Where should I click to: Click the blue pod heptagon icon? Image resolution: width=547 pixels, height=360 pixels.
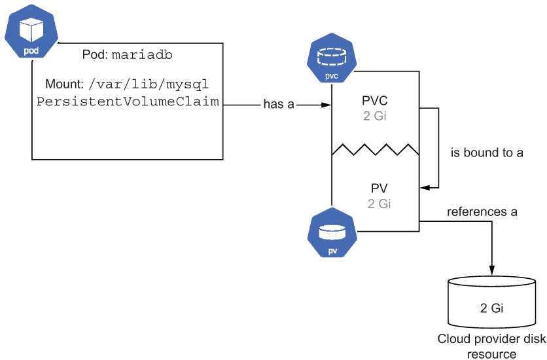pyautogui.click(x=31, y=31)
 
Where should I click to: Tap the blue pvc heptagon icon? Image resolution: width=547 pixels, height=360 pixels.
pyautogui.click(x=332, y=58)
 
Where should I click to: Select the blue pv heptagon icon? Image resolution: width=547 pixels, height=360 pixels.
pyautogui.click(x=332, y=232)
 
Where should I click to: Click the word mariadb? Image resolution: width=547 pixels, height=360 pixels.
pyautogui.click(x=142, y=55)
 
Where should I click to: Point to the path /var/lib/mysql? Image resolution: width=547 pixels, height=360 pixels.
pyautogui.click(x=149, y=84)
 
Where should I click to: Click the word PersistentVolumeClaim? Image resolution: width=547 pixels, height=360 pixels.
pyautogui.click(x=128, y=101)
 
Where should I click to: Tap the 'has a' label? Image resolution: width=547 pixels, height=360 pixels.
pyautogui.click(x=279, y=104)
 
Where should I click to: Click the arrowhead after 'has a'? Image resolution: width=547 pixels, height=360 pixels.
pyautogui.click(x=326, y=105)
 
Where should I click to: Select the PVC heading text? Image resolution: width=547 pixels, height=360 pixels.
pyautogui.click(x=375, y=100)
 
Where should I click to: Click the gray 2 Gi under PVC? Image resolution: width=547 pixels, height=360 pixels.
pyautogui.click(x=375, y=116)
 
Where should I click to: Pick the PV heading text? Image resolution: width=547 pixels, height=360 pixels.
pyautogui.click(x=379, y=189)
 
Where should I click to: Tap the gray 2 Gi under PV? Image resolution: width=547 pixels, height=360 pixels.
pyautogui.click(x=379, y=204)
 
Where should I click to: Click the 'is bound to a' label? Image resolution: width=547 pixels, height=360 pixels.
pyautogui.click(x=487, y=153)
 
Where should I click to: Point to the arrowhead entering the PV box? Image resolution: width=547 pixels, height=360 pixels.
pyautogui.click(x=425, y=188)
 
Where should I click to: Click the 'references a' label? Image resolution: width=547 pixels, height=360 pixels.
pyautogui.click(x=482, y=211)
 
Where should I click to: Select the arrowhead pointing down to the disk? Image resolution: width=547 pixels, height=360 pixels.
pyautogui.click(x=492, y=270)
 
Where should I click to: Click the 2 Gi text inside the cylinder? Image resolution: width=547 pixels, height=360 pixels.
pyautogui.click(x=492, y=308)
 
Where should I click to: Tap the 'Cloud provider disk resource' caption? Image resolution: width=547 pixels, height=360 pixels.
pyautogui.click(x=492, y=346)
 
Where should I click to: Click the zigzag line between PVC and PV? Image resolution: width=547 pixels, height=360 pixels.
pyautogui.click(x=376, y=149)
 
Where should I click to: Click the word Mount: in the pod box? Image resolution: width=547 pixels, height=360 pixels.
pyautogui.click(x=65, y=84)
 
